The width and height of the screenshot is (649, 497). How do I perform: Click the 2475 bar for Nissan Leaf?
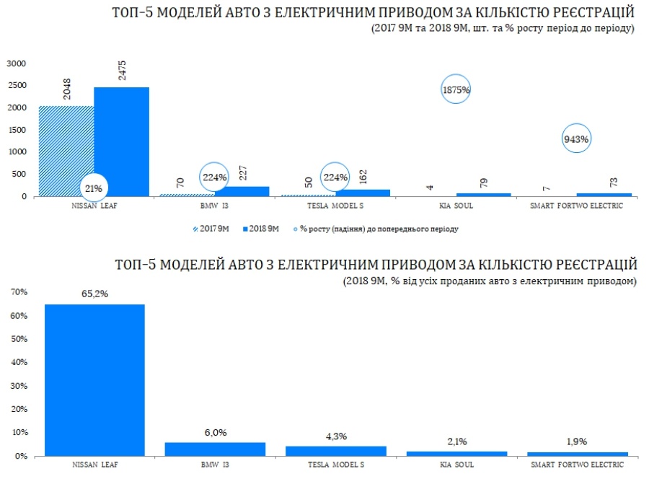pyautogui.click(x=121, y=141)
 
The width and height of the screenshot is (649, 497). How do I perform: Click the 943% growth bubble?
pyautogui.click(x=576, y=138)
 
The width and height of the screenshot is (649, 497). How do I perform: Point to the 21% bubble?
pyautogui.click(x=94, y=188)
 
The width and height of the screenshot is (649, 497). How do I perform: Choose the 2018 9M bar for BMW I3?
pyautogui.click(x=242, y=191)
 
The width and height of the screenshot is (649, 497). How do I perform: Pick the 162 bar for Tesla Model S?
pyautogui.click(x=362, y=193)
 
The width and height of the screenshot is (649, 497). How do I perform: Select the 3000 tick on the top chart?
pyautogui.click(x=16, y=63)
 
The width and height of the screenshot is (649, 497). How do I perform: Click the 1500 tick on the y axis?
pyautogui.click(x=16, y=130)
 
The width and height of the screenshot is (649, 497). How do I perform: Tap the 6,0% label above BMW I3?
pyautogui.click(x=216, y=432)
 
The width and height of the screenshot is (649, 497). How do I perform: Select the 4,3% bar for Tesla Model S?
pyautogui.click(x=336, y=451)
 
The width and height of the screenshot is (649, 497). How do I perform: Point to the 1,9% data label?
pyautogui.click(x=577, y=441)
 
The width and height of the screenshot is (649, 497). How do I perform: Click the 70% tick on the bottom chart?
pyautogui.click(x=17, y=292)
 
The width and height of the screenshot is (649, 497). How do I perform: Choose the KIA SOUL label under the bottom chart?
pyautogui.click(x=456, y=465)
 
